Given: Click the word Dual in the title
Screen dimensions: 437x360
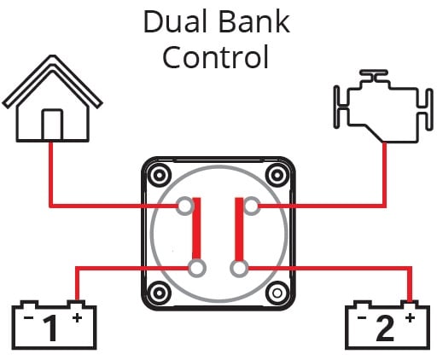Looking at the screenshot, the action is click(175, 21).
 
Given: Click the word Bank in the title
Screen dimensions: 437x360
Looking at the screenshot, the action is click(254, 21).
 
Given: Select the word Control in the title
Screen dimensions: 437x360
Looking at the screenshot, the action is click(215, 56).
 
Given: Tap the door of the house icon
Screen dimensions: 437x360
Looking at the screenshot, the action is click(52, 125).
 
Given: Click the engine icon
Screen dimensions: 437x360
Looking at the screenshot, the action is click(384, 106).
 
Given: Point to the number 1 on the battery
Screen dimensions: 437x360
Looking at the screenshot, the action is click(51, 328).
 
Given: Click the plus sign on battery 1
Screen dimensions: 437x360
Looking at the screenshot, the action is click(77, 318).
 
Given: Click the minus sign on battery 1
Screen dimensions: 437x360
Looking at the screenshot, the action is click(28, 317).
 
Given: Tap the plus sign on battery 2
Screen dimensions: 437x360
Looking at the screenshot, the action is click(410, 317).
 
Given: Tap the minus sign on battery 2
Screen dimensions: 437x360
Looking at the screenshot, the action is click(362, 317).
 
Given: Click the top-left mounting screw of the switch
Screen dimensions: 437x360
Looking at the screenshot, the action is click(160, 175).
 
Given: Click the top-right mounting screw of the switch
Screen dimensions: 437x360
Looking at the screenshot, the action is click(277, 175).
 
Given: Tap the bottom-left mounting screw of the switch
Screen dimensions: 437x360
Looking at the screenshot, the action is click(159, 293).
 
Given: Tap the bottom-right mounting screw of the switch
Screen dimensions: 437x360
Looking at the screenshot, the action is click(277, 293).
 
